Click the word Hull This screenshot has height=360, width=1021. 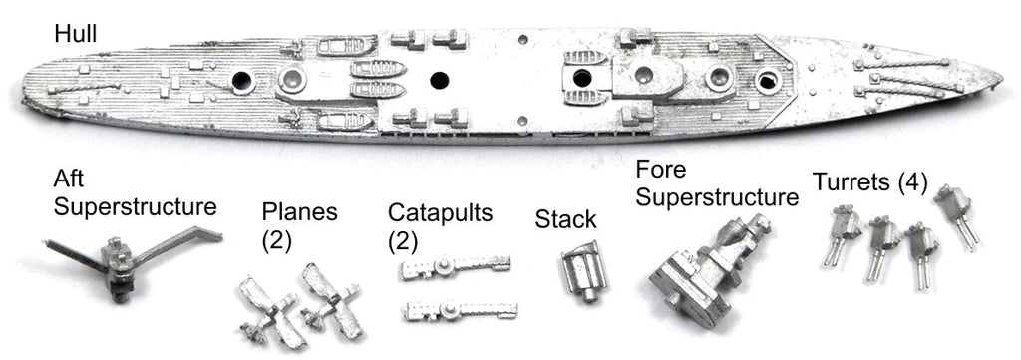(76, 34)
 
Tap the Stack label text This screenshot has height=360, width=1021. (565, 219)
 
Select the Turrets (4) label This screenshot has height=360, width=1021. (869, 182)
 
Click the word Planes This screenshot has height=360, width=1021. (299, 212)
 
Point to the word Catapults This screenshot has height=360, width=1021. (440, 212)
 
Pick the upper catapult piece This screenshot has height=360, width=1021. (455, 266)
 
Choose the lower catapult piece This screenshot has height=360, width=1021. (460, 310)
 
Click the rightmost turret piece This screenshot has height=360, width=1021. (956, 215)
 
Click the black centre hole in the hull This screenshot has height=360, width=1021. (440, 80)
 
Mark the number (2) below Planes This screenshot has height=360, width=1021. (276, 241)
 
